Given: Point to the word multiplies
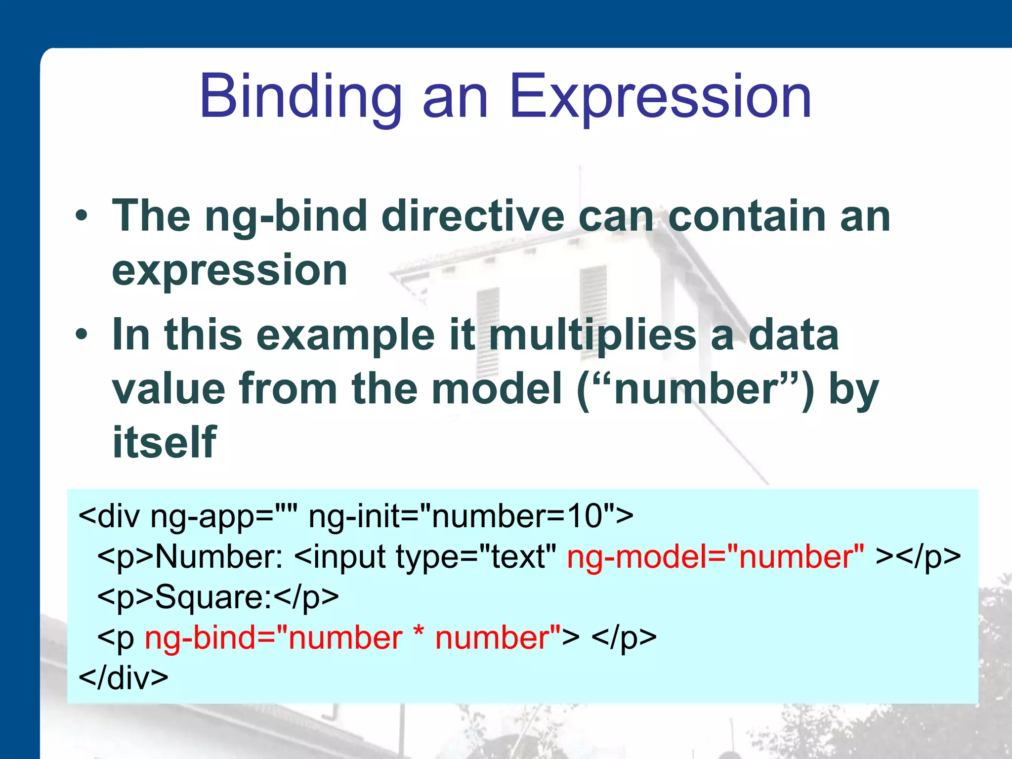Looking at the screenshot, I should pyautogui.click(x=592, y=336).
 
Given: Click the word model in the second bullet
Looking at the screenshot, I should pyautogui.click(x=496, y=389).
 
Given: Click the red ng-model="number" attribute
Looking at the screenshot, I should pyautogui.click(x=716, y=557).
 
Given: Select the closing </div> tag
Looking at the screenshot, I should pyautogui.click(x=124, y=678).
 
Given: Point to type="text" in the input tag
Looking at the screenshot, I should pyautogui.click(x=476, y=557).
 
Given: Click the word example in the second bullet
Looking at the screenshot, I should pyautogui.click(x=345, y=336).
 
